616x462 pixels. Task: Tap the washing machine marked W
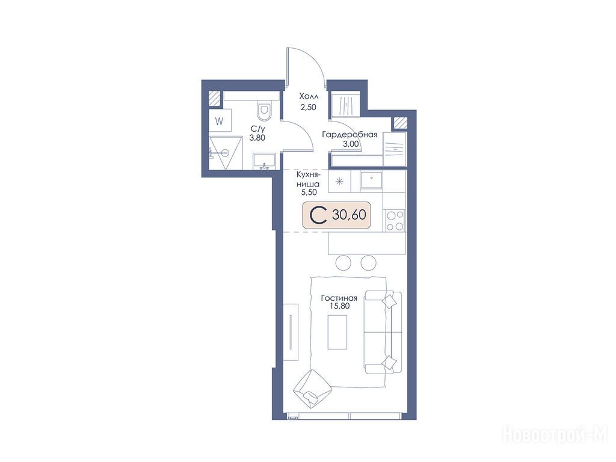click(x=220, y=122)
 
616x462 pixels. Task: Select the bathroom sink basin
click(x=265, y=161)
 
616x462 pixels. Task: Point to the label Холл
click(x=309, y=96)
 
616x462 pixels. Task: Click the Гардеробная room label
click(x=350, y=135)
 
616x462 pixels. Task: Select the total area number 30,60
click(x=350, y=215)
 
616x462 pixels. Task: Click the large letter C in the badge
click(x=318, y=215)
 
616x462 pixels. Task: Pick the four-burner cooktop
click(x=395, y=221)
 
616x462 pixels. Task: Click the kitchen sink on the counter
click(x=371, y=180)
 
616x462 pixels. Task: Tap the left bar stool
click(x=344, y=262)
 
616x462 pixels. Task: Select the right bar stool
click(x=369, y=262)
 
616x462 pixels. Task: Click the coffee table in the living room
click(x=337, y=332)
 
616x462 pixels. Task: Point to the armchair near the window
click(x=312, y=389)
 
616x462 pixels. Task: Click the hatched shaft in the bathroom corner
click(x=215, y=99)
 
